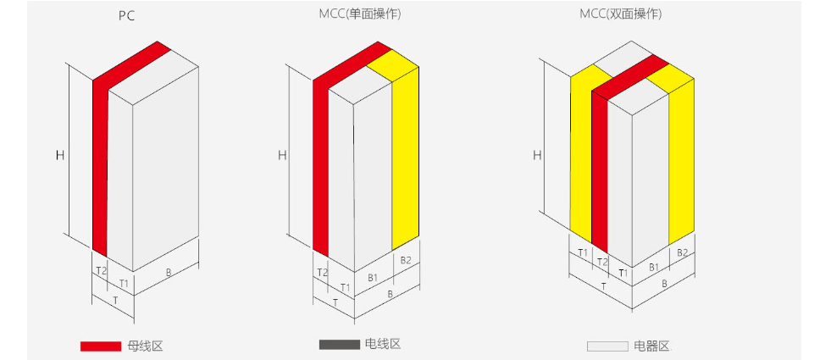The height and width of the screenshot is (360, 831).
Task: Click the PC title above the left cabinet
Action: pos(127,16)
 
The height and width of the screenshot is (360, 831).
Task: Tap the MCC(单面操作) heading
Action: pos(360,14)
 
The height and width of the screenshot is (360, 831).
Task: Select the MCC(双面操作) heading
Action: pos(620,14)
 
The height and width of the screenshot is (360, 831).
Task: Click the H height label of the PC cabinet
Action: pos(60,155)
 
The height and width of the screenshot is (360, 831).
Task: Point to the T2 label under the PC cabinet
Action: pos(101,270)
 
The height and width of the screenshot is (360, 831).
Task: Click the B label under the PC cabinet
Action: pos(169,273)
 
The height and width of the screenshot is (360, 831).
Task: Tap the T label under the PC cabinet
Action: pos(115,300)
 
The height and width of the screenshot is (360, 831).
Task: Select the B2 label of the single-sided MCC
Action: pos(406,260)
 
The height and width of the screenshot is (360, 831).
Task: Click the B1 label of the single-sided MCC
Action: pos(374,277)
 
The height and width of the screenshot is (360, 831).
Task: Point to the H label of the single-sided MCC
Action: pos(282,155)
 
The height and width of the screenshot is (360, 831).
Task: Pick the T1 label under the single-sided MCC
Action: pos(345,287)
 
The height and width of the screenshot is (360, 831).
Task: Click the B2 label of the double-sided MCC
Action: pos(682,253)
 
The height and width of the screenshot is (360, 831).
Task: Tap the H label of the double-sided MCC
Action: pos(537,155)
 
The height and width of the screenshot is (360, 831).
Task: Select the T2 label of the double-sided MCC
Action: pos(602,262)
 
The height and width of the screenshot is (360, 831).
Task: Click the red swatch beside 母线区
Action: pos(101,346)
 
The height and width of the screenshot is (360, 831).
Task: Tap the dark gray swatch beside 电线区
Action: pos(339,345)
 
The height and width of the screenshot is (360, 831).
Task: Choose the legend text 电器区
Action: pos(652,346)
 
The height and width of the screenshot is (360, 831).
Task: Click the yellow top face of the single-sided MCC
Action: pos(393,66)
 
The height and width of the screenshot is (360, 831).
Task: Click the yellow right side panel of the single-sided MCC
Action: pos(406,159)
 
